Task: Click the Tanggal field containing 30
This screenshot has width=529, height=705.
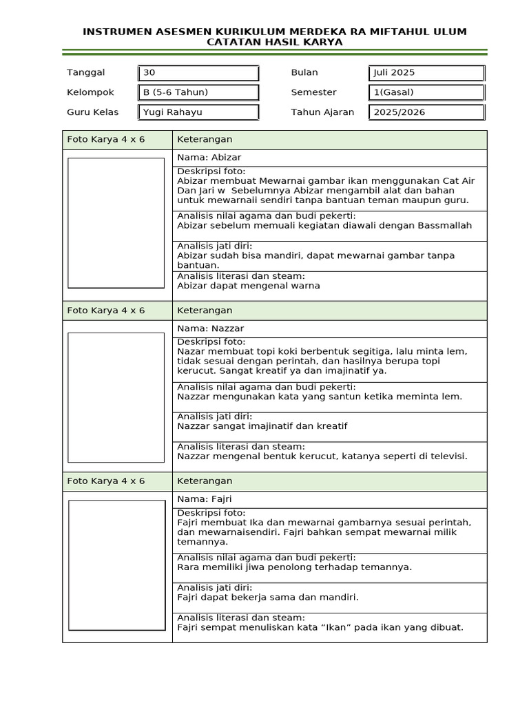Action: tap(198, 73)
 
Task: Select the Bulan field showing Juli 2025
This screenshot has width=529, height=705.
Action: tap(426, 73)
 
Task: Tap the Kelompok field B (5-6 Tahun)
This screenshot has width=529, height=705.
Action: tap(198, 92)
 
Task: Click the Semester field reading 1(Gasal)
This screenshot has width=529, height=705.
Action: tap(426, 92)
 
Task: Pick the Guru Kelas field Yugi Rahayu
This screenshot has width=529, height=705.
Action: tap(198, 112)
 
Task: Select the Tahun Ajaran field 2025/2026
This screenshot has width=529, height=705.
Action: tap(426, 112)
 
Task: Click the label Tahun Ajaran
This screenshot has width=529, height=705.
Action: tap(322, 112)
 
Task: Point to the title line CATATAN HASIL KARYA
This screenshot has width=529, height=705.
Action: tap(274, 43)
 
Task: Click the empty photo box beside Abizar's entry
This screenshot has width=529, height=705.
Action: tap(116, 222)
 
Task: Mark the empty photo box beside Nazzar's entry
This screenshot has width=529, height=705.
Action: tap(116, 397)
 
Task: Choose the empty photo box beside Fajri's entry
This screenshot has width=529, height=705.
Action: tap(116, 565)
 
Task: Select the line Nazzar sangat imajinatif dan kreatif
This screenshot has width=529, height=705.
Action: tap(262, 426)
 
